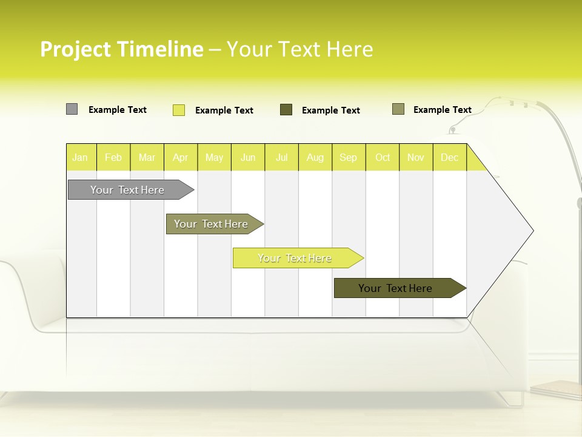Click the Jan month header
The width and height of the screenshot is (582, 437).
point(80,158)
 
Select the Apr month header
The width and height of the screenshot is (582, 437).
point(180,158)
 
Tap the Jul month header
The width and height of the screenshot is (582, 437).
point(281,158)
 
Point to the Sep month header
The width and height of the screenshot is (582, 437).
point(348,158)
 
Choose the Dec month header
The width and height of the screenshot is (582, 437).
point(449,158)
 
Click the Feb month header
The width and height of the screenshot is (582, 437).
point(113,158)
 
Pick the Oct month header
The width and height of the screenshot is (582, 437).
point(383,158)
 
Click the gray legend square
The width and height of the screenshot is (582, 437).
point(72,109)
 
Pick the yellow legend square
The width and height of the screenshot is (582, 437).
point(179,110)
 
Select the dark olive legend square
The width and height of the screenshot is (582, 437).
point(286,109)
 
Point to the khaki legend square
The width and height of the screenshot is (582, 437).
point(398,109)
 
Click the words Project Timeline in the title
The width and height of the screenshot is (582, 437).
point(122,49)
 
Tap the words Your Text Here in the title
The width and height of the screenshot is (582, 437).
point(299,49)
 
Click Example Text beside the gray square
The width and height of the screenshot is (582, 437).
point(118,110)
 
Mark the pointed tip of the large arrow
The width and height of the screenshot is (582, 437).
point(532,231)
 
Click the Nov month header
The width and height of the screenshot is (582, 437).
point(416,158)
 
